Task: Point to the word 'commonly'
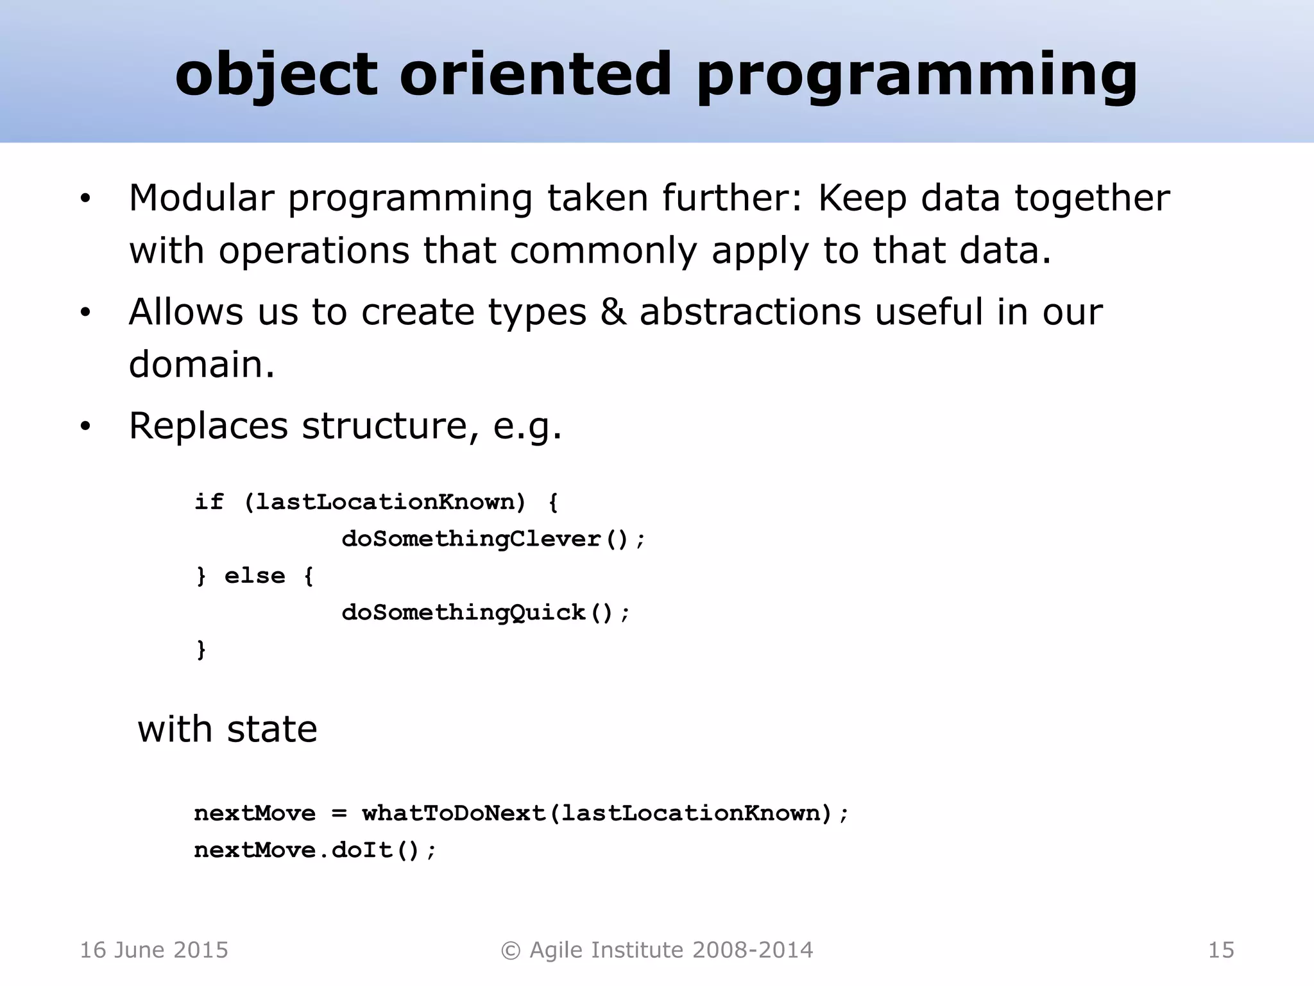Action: (602, 250)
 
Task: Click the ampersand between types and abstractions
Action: (613, 312)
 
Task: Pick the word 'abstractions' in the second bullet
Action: (750, 312)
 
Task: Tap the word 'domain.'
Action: (201, 365)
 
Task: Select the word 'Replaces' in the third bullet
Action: (208, 426)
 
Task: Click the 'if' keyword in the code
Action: (209, 501)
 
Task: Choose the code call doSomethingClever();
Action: (493, 539)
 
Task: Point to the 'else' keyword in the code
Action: (254, 576)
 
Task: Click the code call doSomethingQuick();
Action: (486, 612)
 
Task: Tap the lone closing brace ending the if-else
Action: (201, 650)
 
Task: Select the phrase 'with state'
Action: (227, 729)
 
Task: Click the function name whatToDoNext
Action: (453, 813)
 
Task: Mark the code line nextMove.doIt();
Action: (315, 851)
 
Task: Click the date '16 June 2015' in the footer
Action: (154, 950)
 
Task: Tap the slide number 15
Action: (1220, 950)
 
